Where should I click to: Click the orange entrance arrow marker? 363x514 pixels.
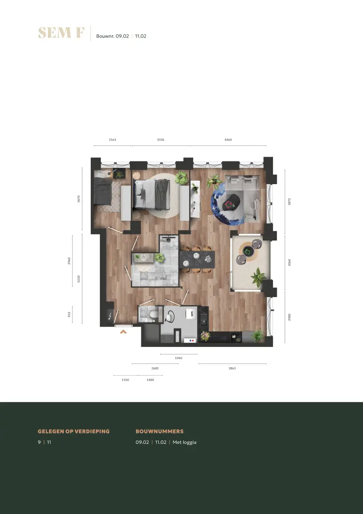pyautogui.click(x=123, y=332)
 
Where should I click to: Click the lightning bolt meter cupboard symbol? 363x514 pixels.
pyautogui.click(x=110, y=316)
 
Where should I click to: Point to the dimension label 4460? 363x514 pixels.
pyautogui.click(x=228, y=140)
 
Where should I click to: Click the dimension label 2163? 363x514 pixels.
pyautogui.click(x=113, y=140)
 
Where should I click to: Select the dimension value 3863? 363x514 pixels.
pyautogui.click(x=232, y=368)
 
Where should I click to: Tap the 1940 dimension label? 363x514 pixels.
pyautogui.click(x=178, y=358)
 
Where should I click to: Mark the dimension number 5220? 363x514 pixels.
pyautogui.click(x=79, y=279)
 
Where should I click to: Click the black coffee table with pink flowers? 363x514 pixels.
pyautogui.click(x=231, y=203)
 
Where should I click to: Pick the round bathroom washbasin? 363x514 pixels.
pyautogui.click(x=144, y=257)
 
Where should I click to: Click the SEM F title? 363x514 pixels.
pyautogui.click(x=61, y=33)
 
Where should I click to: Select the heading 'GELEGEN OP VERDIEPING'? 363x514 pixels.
pyautogui.click(x=73, y=431)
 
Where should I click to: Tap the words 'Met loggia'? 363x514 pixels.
pyautogui.click(x=184, y=442)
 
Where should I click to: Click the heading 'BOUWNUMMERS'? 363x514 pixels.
pyautogui.click(x=159, y=431)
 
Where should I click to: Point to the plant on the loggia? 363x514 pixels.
pyautogui.click(x=258, y=277)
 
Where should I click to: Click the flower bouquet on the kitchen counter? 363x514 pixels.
pyautogui.click(x=205, y=336)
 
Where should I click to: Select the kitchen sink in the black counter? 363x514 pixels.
pyautogui.click(x=203, y=319)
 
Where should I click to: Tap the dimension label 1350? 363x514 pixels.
pyautogui.click(x=125, y=380)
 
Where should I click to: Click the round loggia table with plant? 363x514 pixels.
pyautogui.click(x=248, y=252)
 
